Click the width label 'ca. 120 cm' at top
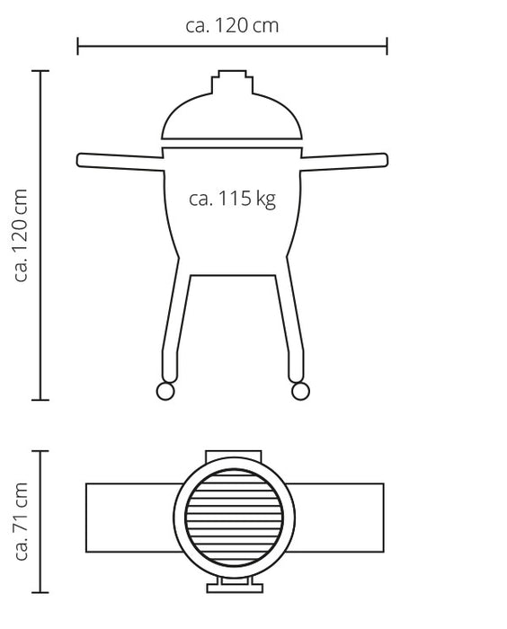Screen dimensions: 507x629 232,26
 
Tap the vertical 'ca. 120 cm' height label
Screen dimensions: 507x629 21,235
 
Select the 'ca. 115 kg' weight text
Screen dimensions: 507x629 232,199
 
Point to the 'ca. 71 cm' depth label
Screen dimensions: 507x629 21,521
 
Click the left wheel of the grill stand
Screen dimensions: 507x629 165,391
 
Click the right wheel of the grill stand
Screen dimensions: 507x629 300,391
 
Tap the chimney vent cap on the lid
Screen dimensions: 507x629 233,82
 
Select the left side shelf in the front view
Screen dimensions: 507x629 120,162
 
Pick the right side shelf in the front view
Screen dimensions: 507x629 344,162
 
